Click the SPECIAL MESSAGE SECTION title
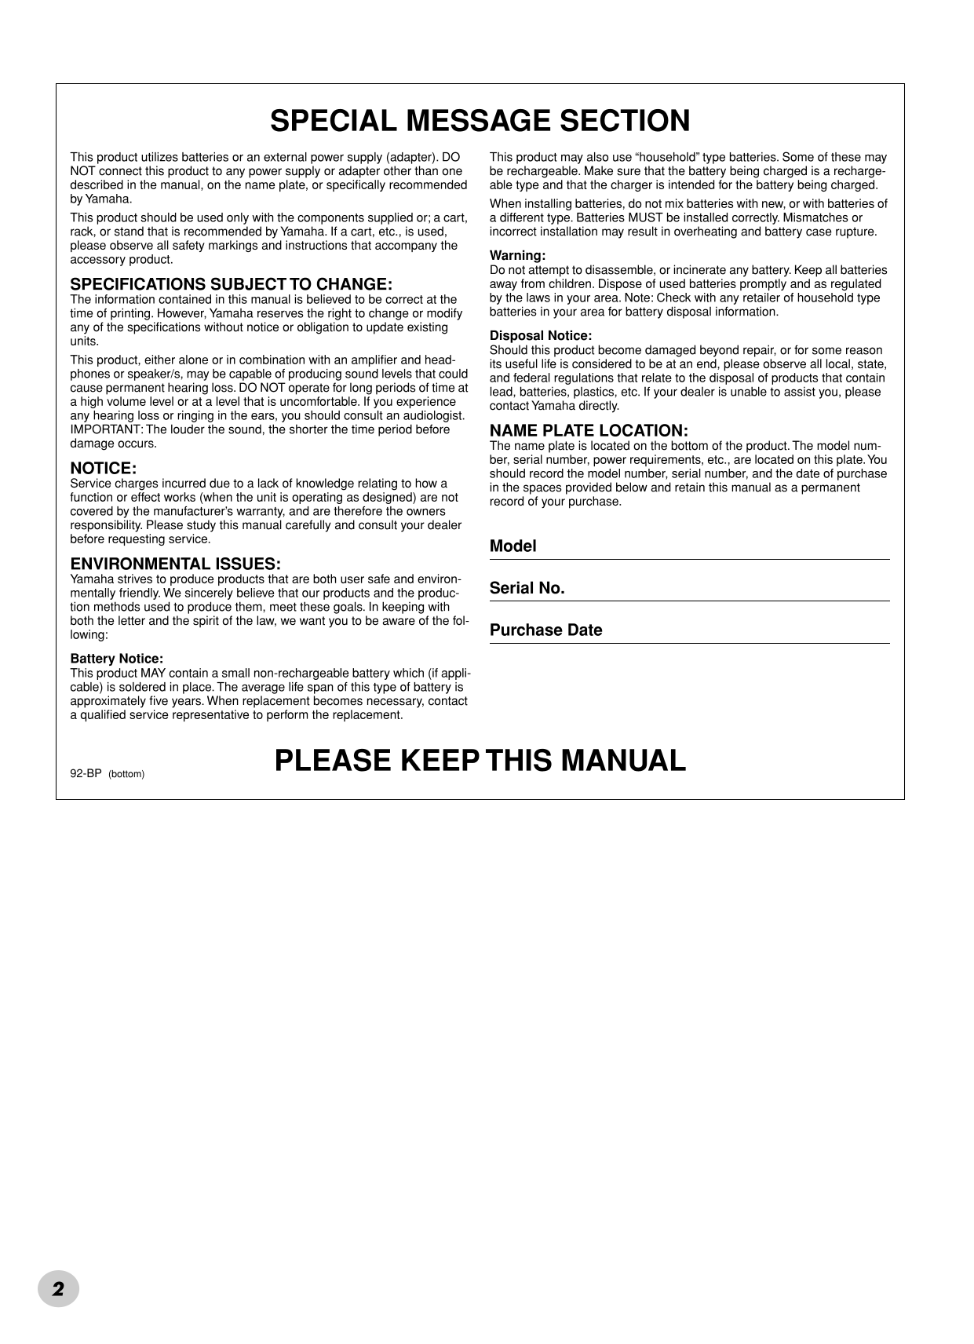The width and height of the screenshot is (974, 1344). [x=480, y=121]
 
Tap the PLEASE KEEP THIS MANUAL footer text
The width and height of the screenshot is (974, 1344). [x=480, y=760]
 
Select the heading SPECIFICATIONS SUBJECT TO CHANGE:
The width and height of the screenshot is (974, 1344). [x=232, y=284]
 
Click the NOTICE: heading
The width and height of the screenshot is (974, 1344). [x=104, y=469]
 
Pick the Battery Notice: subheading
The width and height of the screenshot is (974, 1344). [x=117, y=659]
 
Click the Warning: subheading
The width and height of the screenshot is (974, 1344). [x=517, y=256]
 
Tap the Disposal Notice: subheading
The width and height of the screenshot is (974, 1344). [x=541, y=336]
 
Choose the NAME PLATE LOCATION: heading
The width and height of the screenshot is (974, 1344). [x=589, y=431]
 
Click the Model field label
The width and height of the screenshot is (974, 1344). [x=513, y=546]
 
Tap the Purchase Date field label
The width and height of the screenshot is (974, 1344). [x=546, y=630]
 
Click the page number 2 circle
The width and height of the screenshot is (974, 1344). [x=59, y=1288]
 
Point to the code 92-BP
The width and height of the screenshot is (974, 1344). [x=86, y=773]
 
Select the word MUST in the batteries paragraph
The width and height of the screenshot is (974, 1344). [x=647, y=217]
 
